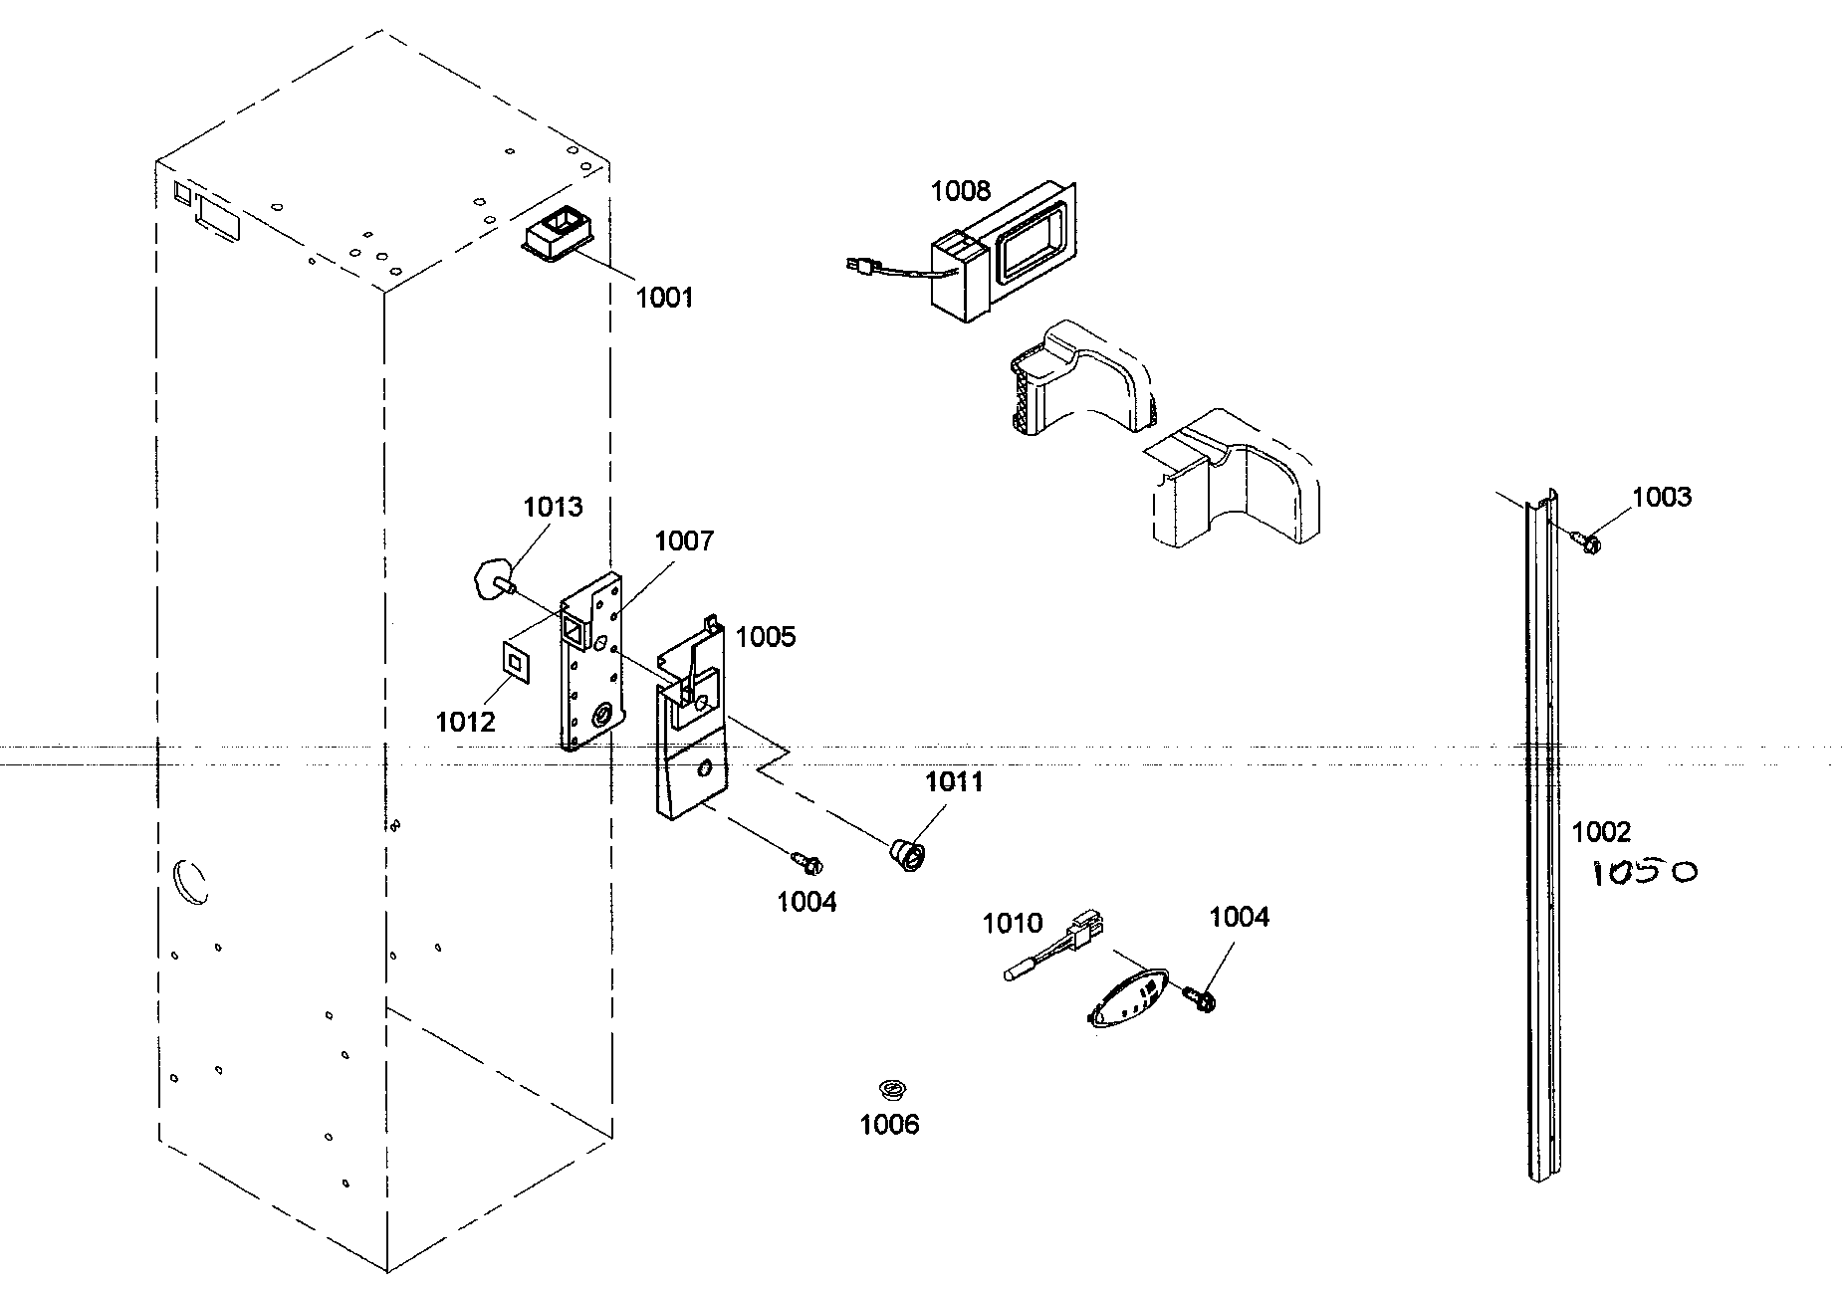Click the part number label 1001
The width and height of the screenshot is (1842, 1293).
[664, 297]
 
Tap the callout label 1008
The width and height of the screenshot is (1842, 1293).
[960, 190]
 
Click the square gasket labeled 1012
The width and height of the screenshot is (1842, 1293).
[516, 659]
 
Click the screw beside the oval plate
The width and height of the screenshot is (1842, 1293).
[1200, 997]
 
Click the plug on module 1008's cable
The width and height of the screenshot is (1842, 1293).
[857, 266]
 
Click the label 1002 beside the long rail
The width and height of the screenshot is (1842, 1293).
[1601, 831]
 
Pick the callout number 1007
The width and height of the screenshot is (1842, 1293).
[683, 541]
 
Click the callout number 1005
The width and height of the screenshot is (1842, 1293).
[766, 637]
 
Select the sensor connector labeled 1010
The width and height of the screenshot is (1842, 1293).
[1055, 948]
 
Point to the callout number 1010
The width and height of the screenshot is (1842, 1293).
[1012, 924]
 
